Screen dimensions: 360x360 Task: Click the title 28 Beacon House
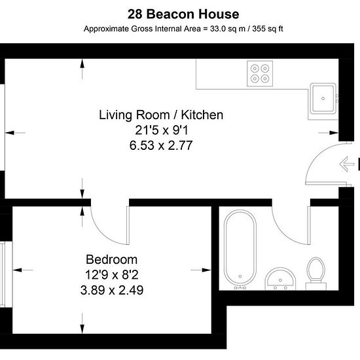(183, 14)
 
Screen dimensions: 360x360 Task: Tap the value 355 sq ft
(268, 29)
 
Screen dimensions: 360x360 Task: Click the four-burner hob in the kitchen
(260, 73)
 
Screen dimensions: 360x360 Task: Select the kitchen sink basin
(323, 98)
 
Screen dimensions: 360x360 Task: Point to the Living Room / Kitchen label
(161, 115)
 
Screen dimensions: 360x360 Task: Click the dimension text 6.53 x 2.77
(161, 145)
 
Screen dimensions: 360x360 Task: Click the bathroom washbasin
(280, 278)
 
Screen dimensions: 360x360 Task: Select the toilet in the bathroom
(316, 274)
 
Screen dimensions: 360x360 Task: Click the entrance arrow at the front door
(347, 164)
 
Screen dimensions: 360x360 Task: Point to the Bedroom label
(111, 259)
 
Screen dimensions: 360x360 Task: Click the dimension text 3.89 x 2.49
(112, 290)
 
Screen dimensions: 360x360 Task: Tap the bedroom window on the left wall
(3, 275)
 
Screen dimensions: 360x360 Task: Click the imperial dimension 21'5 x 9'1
(162, 130)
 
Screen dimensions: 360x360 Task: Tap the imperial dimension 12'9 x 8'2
(112, 275)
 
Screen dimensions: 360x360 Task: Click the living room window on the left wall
(3, 128)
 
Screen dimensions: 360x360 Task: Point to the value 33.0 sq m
(228, 29)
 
